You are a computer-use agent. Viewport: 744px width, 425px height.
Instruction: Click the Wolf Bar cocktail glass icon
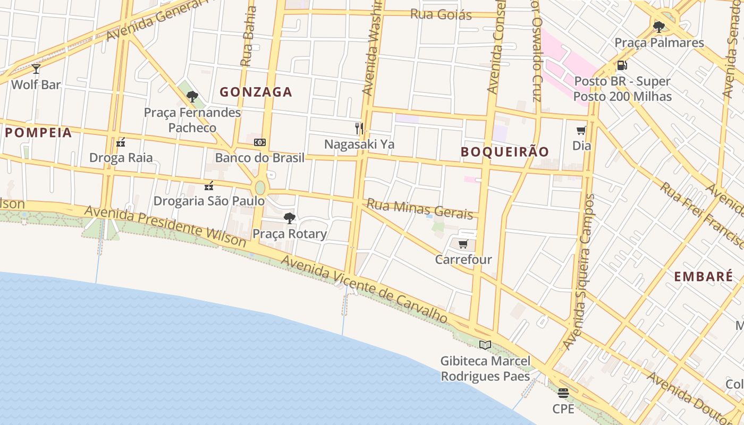coord(36,69)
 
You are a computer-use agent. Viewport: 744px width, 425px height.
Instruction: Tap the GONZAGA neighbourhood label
coord(256,92)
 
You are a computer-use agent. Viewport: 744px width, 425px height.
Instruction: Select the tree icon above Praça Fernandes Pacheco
coord(192,97)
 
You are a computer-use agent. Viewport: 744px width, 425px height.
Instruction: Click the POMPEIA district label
coord(38,133)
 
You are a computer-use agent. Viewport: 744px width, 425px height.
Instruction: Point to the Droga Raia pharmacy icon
coord(121,142)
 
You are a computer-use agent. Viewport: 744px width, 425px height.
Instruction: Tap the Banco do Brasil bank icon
coord(260,142)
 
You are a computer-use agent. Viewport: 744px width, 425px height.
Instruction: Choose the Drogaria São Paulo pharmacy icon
coord(209,186)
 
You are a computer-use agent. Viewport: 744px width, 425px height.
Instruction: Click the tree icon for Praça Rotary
coord(290,218)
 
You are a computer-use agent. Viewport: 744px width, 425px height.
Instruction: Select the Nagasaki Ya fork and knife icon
coord(359,129)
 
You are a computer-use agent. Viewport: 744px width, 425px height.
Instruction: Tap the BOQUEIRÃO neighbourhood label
coord(504,151)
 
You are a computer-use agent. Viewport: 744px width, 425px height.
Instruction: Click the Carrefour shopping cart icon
coord(463,244)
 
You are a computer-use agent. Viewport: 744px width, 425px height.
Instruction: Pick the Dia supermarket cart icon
coord(581,130)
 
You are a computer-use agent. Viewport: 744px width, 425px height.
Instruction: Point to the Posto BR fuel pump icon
coord(622,66)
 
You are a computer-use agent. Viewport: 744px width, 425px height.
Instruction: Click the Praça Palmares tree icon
coord(659,27)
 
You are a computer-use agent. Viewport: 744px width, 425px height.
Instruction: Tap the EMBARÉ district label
coord(703,277)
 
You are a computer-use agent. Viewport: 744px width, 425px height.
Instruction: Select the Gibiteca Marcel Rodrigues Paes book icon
coord(485,345)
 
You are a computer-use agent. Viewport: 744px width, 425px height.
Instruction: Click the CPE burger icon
coord(563,393)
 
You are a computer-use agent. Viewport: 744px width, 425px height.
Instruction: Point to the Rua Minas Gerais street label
coord(419,209)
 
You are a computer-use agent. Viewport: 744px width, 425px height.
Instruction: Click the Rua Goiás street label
coord(441,14)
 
